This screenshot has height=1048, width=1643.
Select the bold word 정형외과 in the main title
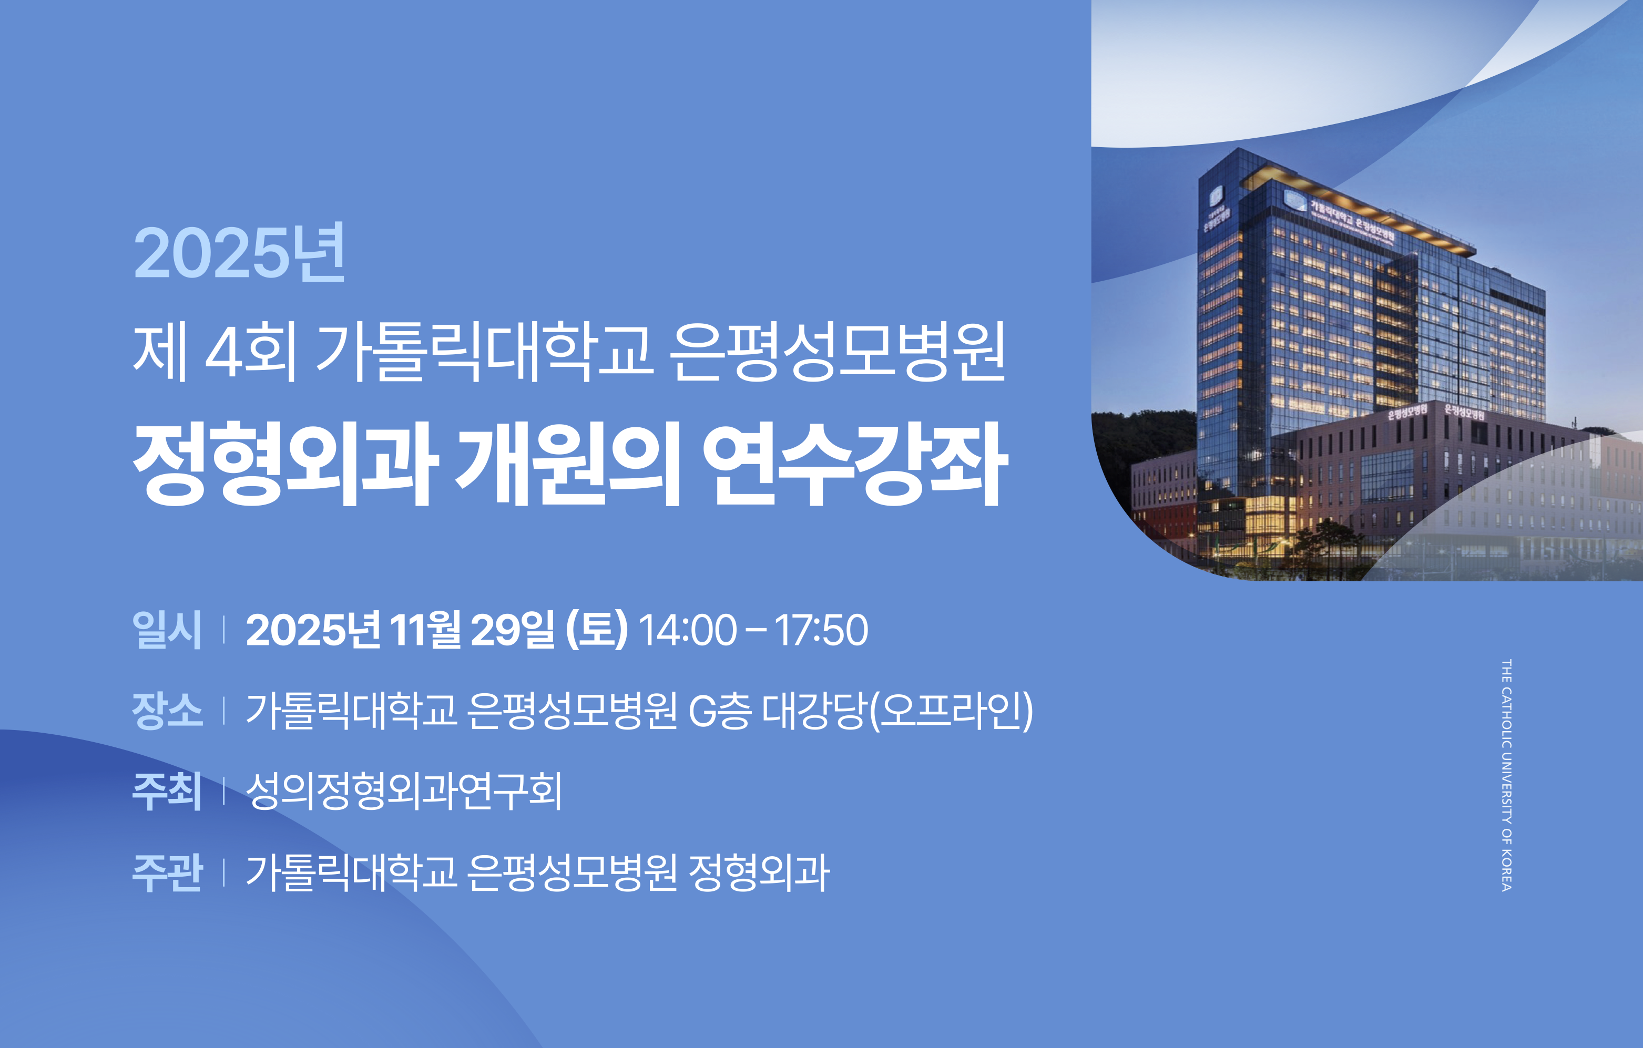284,464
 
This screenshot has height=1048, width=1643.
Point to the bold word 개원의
568,464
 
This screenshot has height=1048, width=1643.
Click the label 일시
167,629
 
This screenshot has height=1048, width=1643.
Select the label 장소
167,710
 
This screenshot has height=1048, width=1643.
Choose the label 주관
167,872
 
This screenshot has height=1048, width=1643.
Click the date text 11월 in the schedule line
424,629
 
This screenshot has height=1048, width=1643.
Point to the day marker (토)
596,629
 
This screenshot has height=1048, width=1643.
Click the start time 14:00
687,629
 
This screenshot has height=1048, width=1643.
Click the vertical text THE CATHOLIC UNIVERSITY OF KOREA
1506,774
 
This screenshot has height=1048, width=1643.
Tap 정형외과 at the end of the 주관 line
759,872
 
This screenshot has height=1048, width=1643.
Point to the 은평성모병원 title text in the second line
836,352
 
